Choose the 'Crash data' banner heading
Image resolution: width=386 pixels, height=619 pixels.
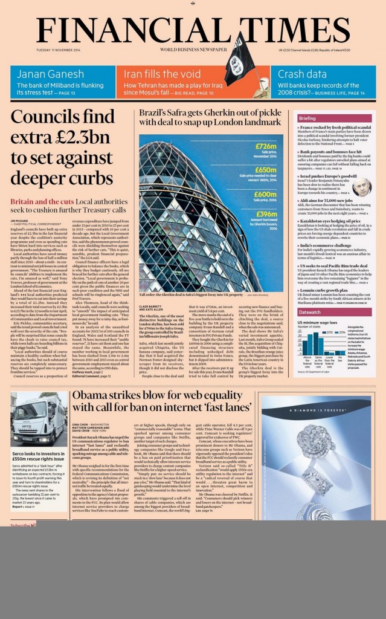tap(298, 74)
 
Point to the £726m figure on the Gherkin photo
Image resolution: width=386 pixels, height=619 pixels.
tap(266, 146)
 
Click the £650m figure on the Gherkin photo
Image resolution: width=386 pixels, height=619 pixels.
tap(266, 170)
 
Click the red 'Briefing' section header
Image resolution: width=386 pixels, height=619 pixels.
tap(307, 118)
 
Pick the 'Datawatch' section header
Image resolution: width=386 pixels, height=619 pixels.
tap(310, 312)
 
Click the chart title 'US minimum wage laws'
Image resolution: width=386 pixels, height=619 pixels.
tap(317, 323)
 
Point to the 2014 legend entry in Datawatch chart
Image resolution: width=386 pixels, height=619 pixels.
tap(338, 332)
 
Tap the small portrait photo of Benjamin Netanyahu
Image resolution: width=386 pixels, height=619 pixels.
tap(362, 187)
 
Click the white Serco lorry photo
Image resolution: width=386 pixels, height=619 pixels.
tap(39, 420)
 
